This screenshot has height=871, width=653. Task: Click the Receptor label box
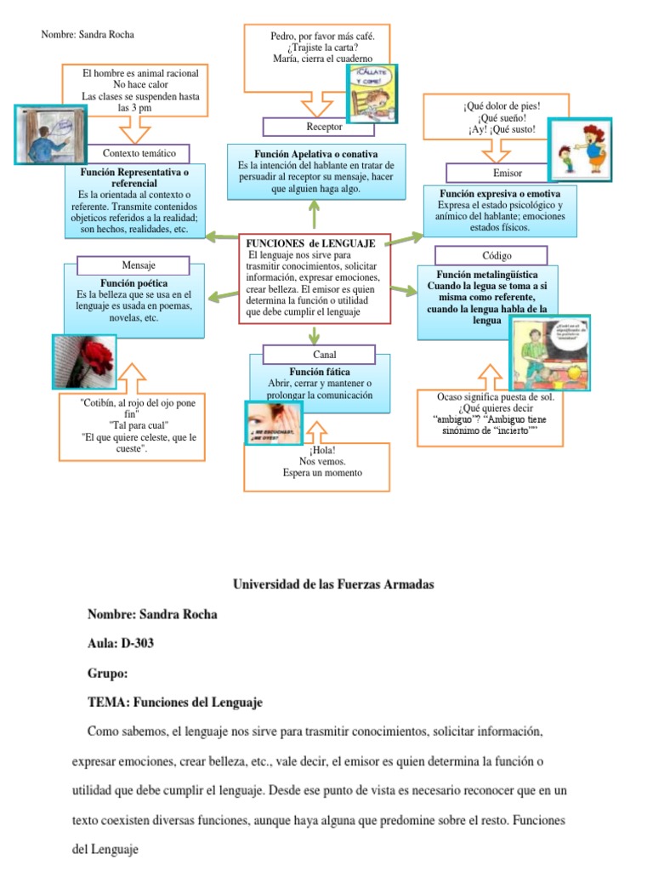(324, 127)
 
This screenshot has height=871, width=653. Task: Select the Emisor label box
(508, 174)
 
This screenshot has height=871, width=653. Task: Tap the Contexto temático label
(139, 153)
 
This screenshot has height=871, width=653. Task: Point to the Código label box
(491, 255)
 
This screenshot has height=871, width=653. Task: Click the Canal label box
(319, 354)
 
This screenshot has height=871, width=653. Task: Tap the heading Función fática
(320, 373)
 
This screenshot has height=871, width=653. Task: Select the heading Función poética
(133, 283)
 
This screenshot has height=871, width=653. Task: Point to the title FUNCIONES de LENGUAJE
(310, 243)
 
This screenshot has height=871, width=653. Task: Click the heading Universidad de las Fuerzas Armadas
(333, 584)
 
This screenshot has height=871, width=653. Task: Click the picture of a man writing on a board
(50, 134)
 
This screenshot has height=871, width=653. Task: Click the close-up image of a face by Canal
(275, 421)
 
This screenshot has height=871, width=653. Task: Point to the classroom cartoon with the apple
(549, 352)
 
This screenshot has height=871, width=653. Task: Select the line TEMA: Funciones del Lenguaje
(175, 703)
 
